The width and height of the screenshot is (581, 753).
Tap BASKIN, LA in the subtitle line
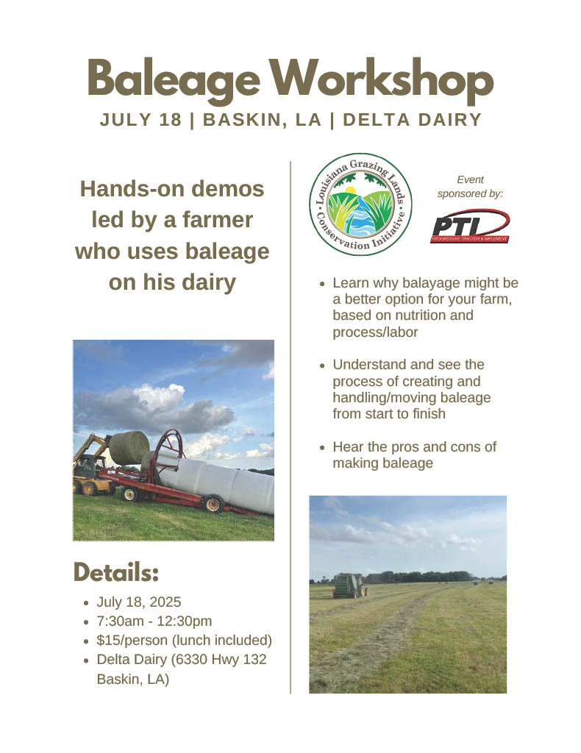(262, 120)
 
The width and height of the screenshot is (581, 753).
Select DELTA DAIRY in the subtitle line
(412, 120)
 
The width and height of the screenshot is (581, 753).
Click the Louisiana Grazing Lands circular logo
(360, 204)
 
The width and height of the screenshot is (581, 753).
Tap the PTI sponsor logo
(470, 226)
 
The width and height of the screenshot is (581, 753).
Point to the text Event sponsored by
(470, 186)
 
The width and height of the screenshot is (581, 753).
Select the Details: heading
(115, 572)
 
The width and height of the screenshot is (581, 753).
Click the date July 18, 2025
(139, 602)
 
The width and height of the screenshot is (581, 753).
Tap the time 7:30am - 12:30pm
(154, 621)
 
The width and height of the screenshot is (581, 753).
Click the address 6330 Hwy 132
(221, 660)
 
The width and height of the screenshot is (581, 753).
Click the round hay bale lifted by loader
(129, 447)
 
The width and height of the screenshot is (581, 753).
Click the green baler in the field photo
(349, 585)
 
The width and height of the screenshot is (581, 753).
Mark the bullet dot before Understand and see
(323, 365)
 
